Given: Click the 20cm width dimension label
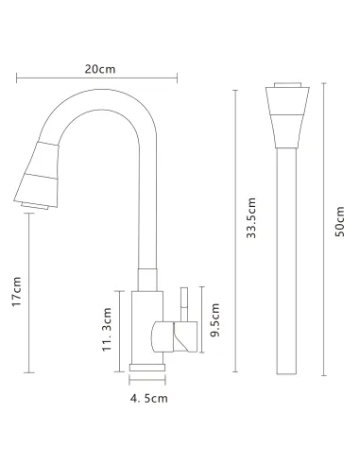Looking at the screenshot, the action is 100,69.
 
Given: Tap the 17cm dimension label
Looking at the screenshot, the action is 16,291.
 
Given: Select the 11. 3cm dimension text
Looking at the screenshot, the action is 107,330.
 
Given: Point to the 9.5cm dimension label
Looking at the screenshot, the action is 214,319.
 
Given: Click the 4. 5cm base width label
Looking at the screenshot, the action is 149,399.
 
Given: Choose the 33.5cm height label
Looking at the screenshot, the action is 251,218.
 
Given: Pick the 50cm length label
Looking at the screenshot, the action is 339,221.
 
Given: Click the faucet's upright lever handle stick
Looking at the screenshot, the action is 184,304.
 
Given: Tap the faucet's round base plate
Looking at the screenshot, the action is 147,368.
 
